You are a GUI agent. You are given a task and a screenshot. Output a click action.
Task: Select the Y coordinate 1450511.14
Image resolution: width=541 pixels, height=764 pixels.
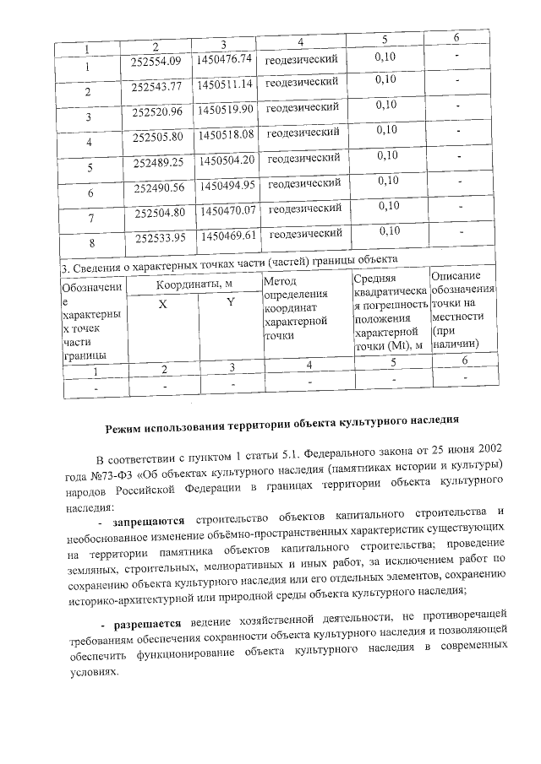(225, 84)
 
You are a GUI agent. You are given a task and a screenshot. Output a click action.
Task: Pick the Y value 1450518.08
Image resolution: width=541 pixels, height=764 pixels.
(225, 134)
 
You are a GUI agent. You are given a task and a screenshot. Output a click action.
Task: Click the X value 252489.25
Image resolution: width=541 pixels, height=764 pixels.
(159, 162)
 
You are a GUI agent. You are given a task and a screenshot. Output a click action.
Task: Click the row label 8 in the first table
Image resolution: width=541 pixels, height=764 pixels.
(92, 244)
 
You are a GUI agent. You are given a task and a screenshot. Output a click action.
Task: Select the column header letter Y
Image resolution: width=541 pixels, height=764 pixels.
(230, 302)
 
